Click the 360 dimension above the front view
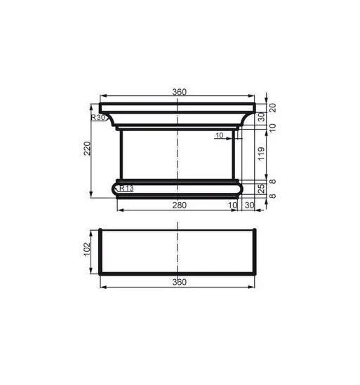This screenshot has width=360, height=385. click(x=179, y=92)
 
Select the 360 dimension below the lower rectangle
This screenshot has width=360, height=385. click(x=179, y=282)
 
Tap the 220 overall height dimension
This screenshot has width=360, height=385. click(x=87, y=148)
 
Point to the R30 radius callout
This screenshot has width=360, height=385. click(x=98, y=118)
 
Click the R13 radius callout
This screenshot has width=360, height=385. click(x=126, y=189)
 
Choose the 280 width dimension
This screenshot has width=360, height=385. click(x=179, y=205)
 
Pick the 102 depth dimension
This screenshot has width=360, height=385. click(x=87, y=249)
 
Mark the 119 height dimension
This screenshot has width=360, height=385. click(x=262, y=154)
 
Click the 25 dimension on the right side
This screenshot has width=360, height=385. click(x=262, y=189)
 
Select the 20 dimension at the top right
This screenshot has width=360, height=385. click(x=273, y=108)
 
